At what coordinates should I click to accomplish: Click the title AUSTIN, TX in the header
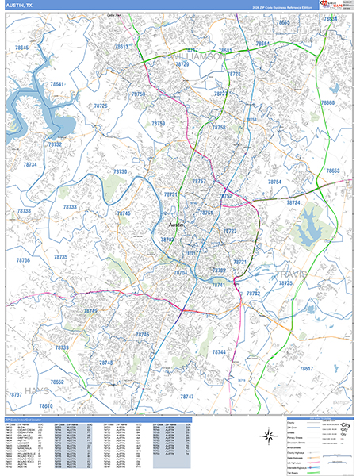[19, 5]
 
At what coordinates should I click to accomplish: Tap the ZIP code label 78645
[21, 49]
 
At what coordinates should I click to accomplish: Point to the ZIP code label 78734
[30, 164]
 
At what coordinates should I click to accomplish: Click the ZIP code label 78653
[331, 171]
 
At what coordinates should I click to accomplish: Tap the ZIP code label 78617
[306, 370]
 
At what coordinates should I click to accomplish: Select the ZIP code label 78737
[15, 394]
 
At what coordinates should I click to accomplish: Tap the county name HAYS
[36, 391]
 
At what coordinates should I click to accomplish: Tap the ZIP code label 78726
[101, 106]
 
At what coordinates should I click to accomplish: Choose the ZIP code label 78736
[22, 261]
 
